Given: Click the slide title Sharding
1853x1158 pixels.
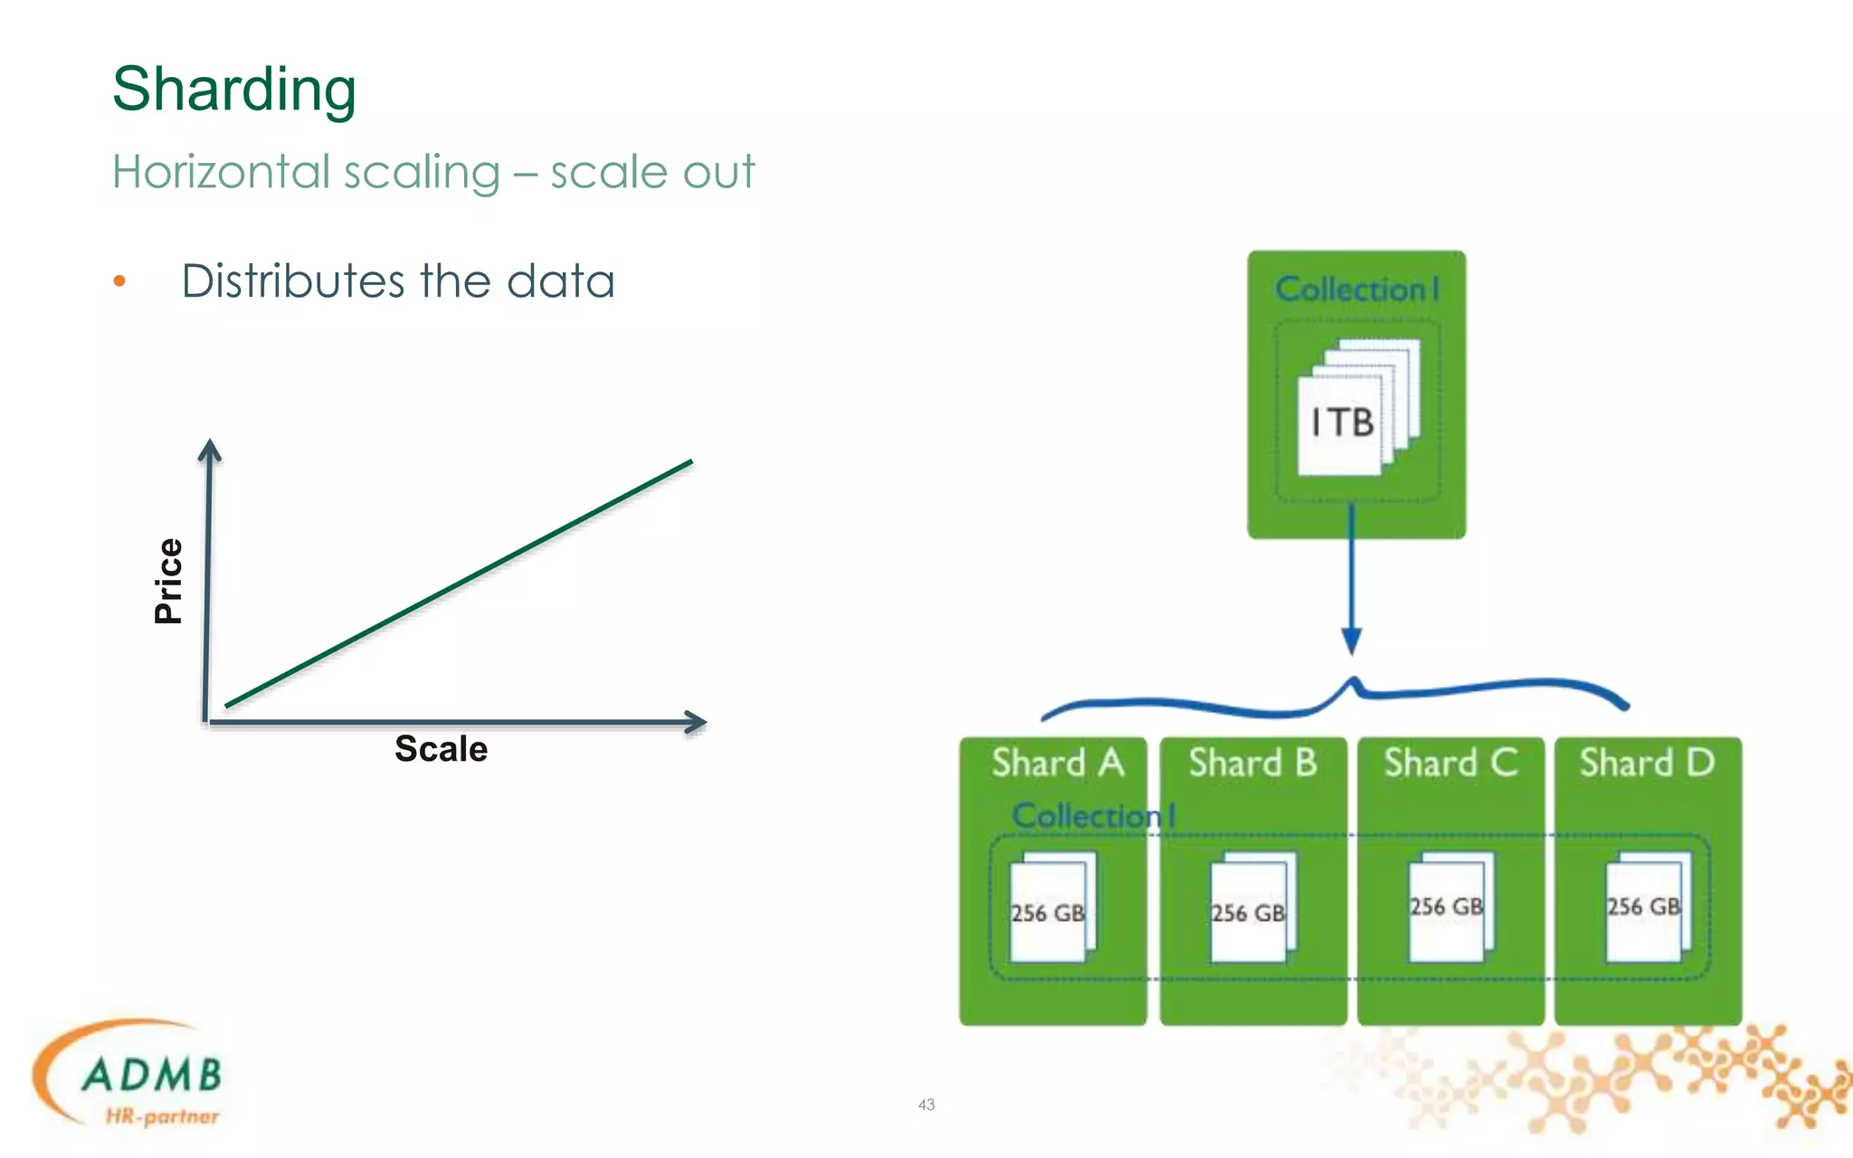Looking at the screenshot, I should pyautogui.click(x=234, y=90).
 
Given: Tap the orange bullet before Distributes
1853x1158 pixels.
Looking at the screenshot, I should pyautogui.click(x=119, y=281).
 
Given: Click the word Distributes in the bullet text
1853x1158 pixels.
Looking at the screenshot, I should pyautogui.click(x=293, y=281).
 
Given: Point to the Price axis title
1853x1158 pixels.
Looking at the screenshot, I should pyautogui.click(x=169, y=582).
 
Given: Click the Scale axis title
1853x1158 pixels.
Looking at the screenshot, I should pyautogui.click(x=441, y=749).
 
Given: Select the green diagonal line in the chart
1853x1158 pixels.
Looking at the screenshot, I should pyautogui.click(x=458, y=584).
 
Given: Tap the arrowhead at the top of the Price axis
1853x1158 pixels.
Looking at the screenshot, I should pyautogui.click(x=210, y=449).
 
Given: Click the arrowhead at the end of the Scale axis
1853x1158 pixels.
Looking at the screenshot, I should pyautogui.click(x=696, y=722).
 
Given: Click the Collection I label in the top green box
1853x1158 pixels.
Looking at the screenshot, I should pyautogui.click(x=1356, y=289).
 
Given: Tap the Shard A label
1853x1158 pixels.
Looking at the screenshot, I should pyautogui.click(x=1057, y=763).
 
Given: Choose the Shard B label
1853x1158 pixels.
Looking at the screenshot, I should pyautogui.click(x=1253, y=763).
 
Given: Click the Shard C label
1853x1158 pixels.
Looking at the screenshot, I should pyautogui.click(x=1450, y=763).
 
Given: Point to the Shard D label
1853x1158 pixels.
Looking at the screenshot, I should pyautogui.click(x=1647, y=763).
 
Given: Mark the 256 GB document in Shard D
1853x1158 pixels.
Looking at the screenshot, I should pyautogui.click(x=1644, y=906).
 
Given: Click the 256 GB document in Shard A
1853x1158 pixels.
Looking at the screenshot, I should pyautogui.click(x=1048, y=912).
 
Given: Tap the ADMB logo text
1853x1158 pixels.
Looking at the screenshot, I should pyautogui.click(x=152, y=1076).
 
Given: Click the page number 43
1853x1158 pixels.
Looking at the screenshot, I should pyautogui.click(x=926, y=1105).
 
